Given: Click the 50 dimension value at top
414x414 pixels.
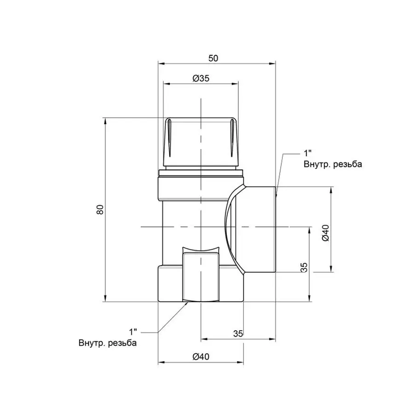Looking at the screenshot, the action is [213, 58].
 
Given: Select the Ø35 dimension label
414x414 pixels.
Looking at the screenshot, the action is [201, 78].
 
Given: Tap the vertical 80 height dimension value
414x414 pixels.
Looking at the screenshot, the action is [100, 209].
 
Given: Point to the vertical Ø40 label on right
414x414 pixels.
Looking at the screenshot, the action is [326, 233].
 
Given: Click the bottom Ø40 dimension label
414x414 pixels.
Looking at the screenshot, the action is [201, 356].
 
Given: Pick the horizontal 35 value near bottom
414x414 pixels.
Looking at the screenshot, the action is [238, 334].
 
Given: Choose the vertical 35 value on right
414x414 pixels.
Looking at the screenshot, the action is [304, 267].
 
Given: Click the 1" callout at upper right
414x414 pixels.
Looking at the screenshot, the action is [307, 153].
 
